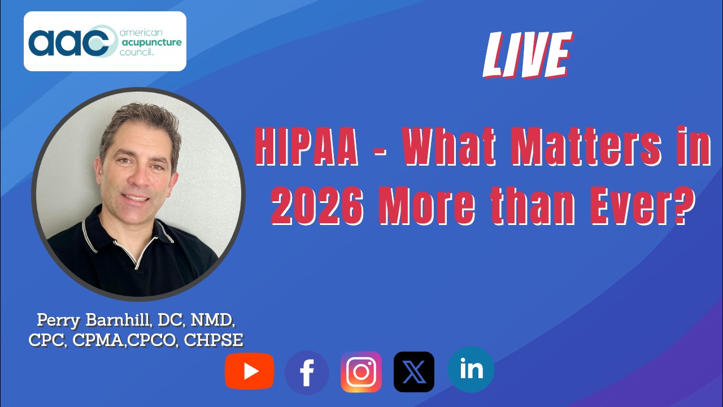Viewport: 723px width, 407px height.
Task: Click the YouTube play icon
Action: pyautogui.click(x=250, y=371)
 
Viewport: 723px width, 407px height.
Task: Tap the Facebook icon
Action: pyautogui.click(x=307, y=373)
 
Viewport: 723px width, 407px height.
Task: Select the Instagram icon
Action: pyautogui.click(x=361, y=372)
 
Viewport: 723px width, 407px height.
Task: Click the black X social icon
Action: pyautogui.click(x=414, y=372)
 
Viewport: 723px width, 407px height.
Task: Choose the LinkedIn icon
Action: pyautogui.click(x=471, y=370)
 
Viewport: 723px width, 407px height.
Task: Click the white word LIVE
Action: pyautogui.click(x=528, y=55)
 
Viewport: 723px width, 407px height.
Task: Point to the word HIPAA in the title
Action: pyautogui.click(x=307, y=146)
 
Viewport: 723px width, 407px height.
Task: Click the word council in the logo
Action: pyautogui.click(x=136, y=52)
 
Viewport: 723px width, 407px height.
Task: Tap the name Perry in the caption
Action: pyautogui.click(x=58, y=321)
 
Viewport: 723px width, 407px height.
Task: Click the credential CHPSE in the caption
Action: pyautogui.click(x=214, y=340)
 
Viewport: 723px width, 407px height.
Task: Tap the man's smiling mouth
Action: pyautogui.click(x=136, y=198)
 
